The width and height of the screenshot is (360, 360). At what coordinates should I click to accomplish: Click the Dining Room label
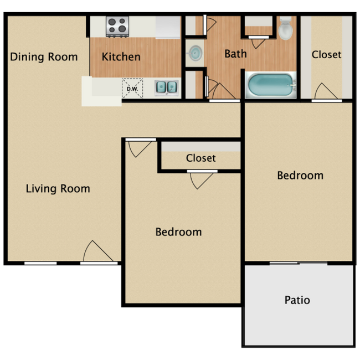[44, 56]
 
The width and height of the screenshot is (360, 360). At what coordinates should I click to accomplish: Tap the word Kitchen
[121, 56]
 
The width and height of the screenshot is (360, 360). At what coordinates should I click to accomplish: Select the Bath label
[235, 54]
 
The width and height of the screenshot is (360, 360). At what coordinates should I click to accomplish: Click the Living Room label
[58, 188]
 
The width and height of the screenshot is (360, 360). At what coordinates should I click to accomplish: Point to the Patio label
[297, 300]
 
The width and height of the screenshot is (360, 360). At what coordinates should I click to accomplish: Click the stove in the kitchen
[117, 25]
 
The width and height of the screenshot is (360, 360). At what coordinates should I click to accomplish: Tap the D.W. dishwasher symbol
[132, 88]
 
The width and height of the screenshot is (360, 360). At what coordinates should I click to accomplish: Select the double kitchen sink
[166, 87]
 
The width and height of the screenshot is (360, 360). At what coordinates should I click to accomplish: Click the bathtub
[271, 85]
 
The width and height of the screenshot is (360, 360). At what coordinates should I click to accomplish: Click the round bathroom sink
[194, 52]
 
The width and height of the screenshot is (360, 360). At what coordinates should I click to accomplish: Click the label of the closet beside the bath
[326, 54]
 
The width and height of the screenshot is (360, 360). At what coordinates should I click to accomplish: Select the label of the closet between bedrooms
[200, 158]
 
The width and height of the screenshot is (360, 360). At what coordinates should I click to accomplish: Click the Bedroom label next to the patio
[300, 175]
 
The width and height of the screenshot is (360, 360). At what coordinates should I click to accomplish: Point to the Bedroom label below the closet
[178, 232]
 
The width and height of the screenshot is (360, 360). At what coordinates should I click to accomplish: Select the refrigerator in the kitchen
[168, 26]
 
